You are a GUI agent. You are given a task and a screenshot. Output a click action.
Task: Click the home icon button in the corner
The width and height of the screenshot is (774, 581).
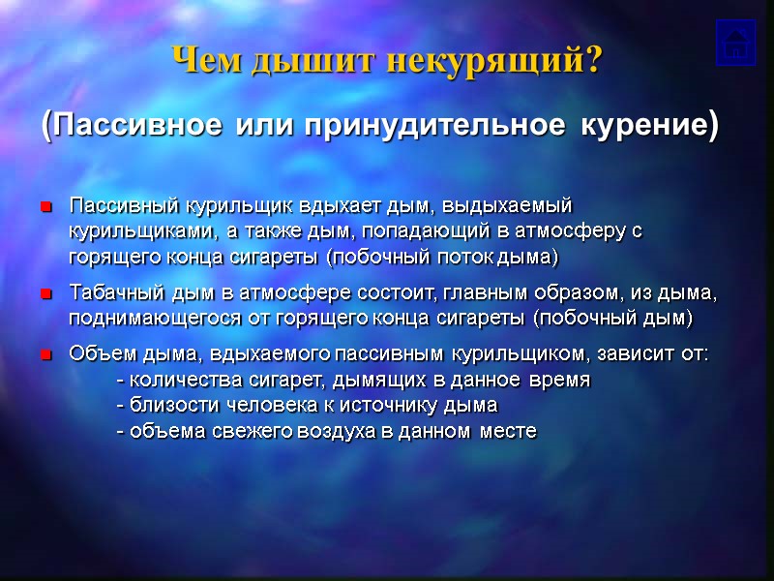[x=735, y=43]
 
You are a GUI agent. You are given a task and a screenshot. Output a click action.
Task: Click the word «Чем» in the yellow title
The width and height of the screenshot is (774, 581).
[x=207, y=61]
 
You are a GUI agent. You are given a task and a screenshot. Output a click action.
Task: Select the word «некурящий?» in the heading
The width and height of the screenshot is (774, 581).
[x=494, y=61]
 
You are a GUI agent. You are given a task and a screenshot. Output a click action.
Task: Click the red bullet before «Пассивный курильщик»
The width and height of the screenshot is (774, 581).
[x=45, y=207]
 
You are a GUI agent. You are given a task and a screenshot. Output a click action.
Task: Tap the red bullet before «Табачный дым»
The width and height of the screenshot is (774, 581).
[x=45, y=293]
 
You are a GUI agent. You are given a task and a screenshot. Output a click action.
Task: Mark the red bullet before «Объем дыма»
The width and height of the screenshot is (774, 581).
[x=45, y=355]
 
